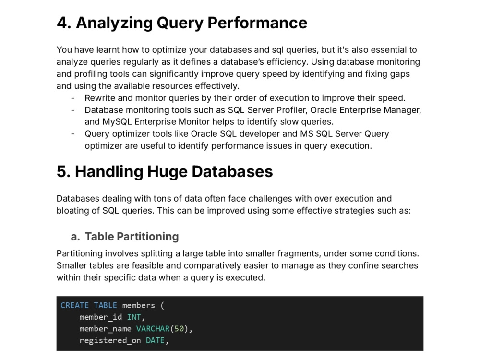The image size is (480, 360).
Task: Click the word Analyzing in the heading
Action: (114, 23)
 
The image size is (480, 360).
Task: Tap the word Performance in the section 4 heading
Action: (257, 23)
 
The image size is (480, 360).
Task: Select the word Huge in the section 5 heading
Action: (167, 172)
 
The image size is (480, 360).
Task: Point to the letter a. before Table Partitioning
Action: (75, 237)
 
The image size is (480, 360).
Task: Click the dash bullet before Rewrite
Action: (73, 98)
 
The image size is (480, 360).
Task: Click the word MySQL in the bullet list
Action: (117, 122)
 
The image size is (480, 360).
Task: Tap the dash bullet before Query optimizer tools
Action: (73, 134)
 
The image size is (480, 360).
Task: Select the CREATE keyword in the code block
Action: (75, 305)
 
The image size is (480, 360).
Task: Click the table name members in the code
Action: (138, 305)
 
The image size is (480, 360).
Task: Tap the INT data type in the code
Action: (134, 317)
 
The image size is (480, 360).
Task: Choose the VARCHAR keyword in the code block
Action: (153, 329)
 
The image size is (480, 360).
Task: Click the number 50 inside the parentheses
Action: (179, 329)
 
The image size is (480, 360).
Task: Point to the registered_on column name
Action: (110, 341)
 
